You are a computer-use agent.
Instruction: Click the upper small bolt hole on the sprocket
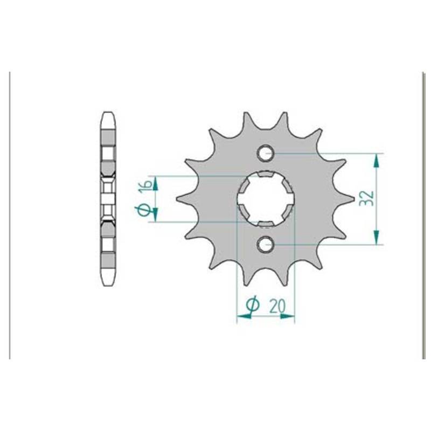[x=266, y=153]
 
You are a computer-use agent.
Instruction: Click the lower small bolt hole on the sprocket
[x=266, y=244]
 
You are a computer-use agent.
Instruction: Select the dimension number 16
[x=147, y=185]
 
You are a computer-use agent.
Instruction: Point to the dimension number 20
[x=277, y=306]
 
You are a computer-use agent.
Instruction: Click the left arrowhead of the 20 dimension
[x=244, y=316]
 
